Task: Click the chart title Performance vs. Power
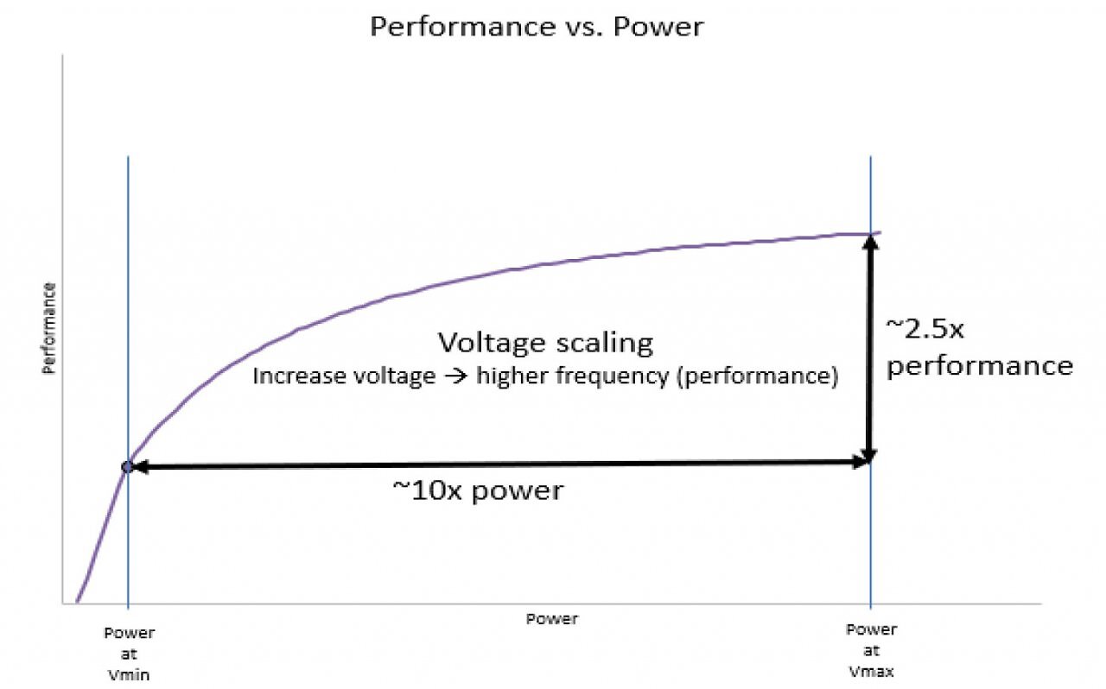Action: [x=537, y=27]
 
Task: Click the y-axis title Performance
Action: [x=49, y=329]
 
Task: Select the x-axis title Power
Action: [x=551, y=619]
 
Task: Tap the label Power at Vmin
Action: [x=129, y=654]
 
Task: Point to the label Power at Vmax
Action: [x=872, y=650]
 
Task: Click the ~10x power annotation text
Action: [x=478, y=491]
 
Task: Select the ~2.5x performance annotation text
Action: [x=980, y=349]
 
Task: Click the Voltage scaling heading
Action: [x=545, y=343]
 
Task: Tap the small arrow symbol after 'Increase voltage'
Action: [x=455, y=376]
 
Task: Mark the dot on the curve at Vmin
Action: [x=127, y=466]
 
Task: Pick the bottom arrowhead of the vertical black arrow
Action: [x=870, y=455]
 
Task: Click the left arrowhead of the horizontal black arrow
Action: [x=139, y=466]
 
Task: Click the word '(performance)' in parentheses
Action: [x=757, y=377]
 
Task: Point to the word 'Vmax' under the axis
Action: [x=872, y=672]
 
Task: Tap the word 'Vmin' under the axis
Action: [x=129, y=675]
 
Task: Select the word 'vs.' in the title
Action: [x=583, y=28]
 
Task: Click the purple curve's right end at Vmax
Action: [x=880, y=232]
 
